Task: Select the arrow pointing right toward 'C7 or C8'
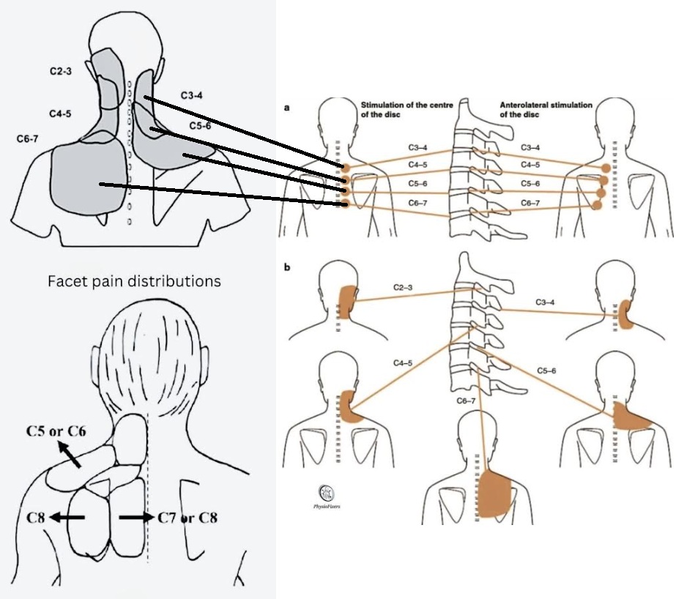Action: click(x=135, y=517)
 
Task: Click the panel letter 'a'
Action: click(x=286, y=108)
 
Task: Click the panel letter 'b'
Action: click(x=287, y=267)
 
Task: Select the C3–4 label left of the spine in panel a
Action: click(x=418, y=147)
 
